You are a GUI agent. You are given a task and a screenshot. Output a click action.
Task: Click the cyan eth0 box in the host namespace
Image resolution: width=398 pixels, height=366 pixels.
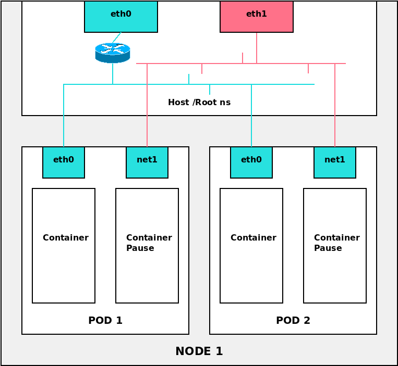coord(121,16)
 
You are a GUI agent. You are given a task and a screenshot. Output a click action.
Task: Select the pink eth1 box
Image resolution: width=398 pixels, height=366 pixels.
coord(257,16)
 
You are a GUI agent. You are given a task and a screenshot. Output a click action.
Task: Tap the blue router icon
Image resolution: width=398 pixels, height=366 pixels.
coord(112,53)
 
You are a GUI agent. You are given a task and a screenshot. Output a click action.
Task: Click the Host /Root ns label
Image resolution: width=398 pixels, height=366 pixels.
coord(199,103)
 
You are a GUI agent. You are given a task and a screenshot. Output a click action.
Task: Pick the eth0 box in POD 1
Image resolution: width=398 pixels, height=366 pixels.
coord(64,162)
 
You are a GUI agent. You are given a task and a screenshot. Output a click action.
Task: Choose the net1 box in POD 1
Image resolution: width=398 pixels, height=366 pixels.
coord(147,162)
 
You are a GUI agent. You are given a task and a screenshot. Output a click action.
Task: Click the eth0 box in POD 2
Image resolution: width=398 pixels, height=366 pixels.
coord(251,162)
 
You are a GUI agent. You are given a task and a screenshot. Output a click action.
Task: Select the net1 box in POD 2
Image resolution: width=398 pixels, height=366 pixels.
coord(335,162)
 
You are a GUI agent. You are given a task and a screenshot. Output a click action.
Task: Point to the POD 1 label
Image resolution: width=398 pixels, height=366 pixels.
coord(105,321)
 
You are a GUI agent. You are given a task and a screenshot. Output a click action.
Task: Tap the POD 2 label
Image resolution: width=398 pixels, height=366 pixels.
coord(293,321)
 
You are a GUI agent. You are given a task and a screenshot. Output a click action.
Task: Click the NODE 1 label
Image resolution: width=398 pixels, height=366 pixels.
coord(199,351)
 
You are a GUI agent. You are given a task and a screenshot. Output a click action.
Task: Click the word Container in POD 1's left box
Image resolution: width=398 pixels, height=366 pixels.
coord(66,238)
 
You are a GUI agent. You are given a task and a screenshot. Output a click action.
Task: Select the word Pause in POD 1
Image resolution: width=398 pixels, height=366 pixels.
coord(140,248)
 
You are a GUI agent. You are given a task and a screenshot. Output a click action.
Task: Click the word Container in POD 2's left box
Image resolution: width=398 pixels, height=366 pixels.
coord(254,238)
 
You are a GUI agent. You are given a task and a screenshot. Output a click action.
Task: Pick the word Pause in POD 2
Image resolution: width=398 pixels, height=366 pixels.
coord(328,248)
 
